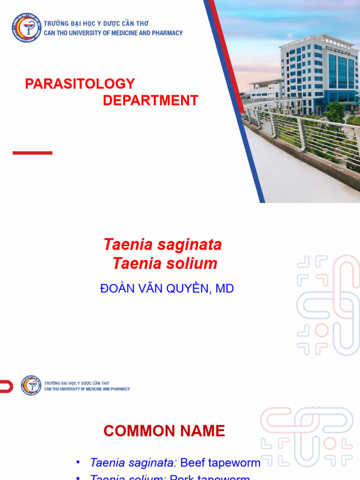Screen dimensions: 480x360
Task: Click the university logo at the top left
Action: click(x=27, y=28)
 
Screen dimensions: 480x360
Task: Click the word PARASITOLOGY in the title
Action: click(x=80, y=84)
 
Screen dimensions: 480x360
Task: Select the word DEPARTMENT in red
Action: click(x=150, y=100)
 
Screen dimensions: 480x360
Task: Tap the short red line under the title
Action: click(x=32, y=153)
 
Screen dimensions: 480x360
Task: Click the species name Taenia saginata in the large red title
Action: click(x=162, y=245)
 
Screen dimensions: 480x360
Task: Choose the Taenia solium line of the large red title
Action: click(x=165, y=263)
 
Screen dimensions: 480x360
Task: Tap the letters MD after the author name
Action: click(x=225, y=289)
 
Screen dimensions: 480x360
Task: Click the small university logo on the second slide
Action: click(x=31, y=385)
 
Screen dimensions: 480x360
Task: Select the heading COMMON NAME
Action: click(x=164, y=431)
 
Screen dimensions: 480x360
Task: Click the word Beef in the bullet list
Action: click(x=193, y=463)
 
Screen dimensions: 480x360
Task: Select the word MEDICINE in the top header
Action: click(x=128, y=33)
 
